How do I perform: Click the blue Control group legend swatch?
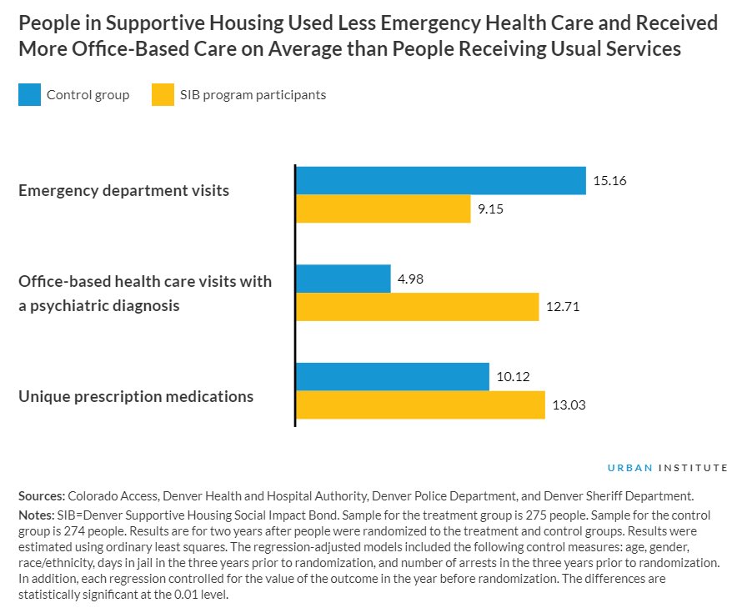point(29,95)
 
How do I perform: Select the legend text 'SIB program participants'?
point(253,95)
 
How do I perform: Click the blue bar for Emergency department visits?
point(441,180)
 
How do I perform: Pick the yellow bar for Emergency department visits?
point(384,209)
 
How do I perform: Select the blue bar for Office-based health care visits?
point(343,279)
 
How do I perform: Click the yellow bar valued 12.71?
point(418,307)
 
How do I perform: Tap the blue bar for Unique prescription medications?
point(393,376)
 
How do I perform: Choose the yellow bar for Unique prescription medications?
point(421,405)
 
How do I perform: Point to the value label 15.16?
point(609,180)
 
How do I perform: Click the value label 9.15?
point(490,209)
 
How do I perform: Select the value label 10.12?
point(514,376)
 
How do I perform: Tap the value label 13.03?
point(569,405)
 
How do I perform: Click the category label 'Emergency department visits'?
point(123,190)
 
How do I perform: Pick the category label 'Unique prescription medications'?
point(136,396)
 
